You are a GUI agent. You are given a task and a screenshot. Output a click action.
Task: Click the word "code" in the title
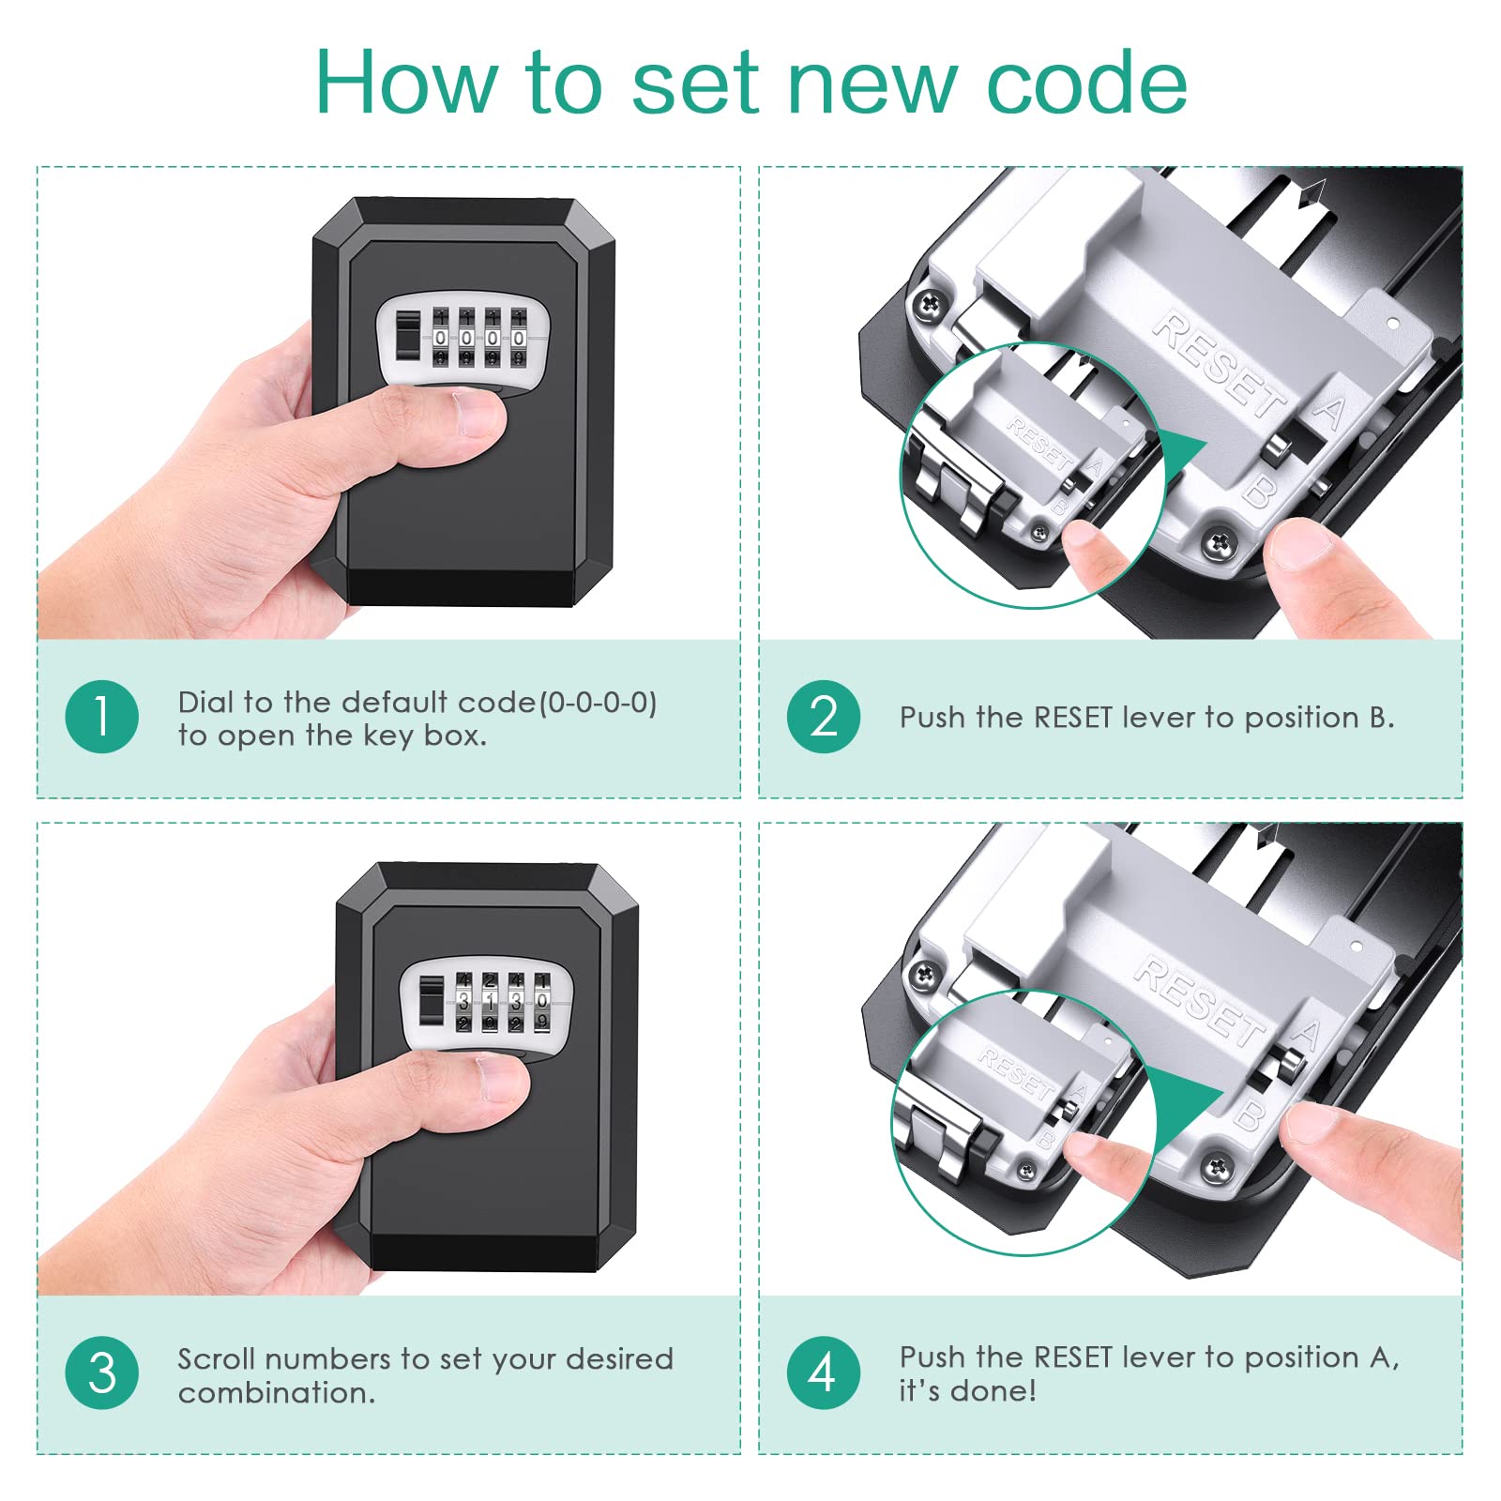coord(1087,83)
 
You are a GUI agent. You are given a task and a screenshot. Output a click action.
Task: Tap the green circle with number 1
coord(102,717)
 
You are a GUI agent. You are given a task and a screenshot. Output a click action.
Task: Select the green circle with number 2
coord(824,717)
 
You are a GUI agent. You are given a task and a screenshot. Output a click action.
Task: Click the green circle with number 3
coord(102,1373)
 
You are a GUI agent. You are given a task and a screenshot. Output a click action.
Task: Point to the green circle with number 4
coord(824,1373)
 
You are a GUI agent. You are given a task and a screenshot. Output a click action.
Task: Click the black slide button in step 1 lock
coord(408,336)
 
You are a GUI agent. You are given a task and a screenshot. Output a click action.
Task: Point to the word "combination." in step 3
coord(277,1392)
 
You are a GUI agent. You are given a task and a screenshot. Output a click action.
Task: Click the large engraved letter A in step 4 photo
coord(1306,1035)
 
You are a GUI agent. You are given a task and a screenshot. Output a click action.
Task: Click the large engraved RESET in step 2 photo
coord(1220,366)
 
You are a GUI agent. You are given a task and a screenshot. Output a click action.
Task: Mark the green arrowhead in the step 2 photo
coord(1183,459)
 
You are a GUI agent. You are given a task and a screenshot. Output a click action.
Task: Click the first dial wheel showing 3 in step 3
coord(463,1002)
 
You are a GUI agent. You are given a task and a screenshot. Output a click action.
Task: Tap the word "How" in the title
coord(405,83)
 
